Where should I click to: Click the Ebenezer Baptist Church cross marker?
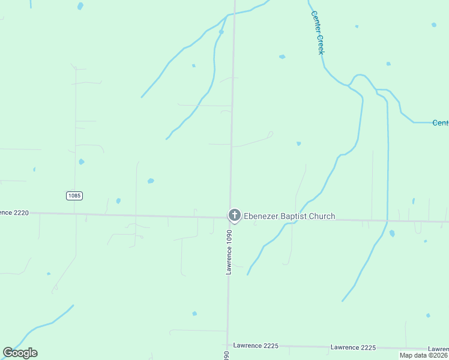click(234, 215)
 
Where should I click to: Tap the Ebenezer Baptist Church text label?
click(289, 217)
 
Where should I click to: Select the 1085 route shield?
click(74, 196)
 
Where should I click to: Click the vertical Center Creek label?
click(317, 33)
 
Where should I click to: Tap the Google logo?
click(20, 353)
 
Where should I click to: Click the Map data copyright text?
click(423, 355)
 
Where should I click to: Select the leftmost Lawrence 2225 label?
click(255, 346)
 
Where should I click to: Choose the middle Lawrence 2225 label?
click(353, 347)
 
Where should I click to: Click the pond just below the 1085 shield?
click(118, 201)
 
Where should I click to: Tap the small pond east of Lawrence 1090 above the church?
click(298, 143)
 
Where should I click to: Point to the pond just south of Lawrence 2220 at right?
click(392, 233)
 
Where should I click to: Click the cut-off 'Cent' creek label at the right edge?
click(440, 123)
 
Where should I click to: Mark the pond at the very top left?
click(80, 6)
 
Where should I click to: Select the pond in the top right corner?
click(433, 25)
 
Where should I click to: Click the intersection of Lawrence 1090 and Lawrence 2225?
click(228, 345)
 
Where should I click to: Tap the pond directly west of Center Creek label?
click(282, 56)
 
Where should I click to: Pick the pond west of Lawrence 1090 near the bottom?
click(194, 313)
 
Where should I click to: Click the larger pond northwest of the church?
click(151, 181)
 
